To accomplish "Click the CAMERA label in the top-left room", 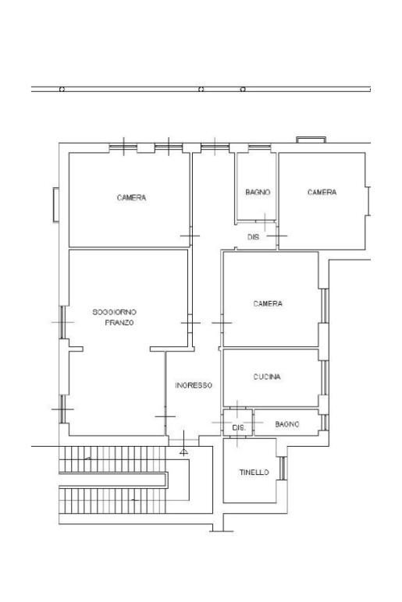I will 131,198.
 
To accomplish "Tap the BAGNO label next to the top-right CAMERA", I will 258,193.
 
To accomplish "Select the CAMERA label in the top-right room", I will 322,193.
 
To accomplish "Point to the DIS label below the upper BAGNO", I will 253,237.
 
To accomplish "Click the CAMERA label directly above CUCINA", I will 268,304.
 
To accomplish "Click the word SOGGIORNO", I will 115,312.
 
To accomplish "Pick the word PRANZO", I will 119,322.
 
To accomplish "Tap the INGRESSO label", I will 194,385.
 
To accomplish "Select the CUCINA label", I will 267,377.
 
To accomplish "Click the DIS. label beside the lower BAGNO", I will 239,428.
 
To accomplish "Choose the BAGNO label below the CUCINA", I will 287,424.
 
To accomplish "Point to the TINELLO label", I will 254,473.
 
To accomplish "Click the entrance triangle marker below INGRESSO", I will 183,451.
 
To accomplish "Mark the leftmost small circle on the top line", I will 62,90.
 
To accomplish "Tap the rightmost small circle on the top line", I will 243,90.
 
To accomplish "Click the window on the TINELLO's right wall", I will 282,468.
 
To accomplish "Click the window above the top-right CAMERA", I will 311,140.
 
